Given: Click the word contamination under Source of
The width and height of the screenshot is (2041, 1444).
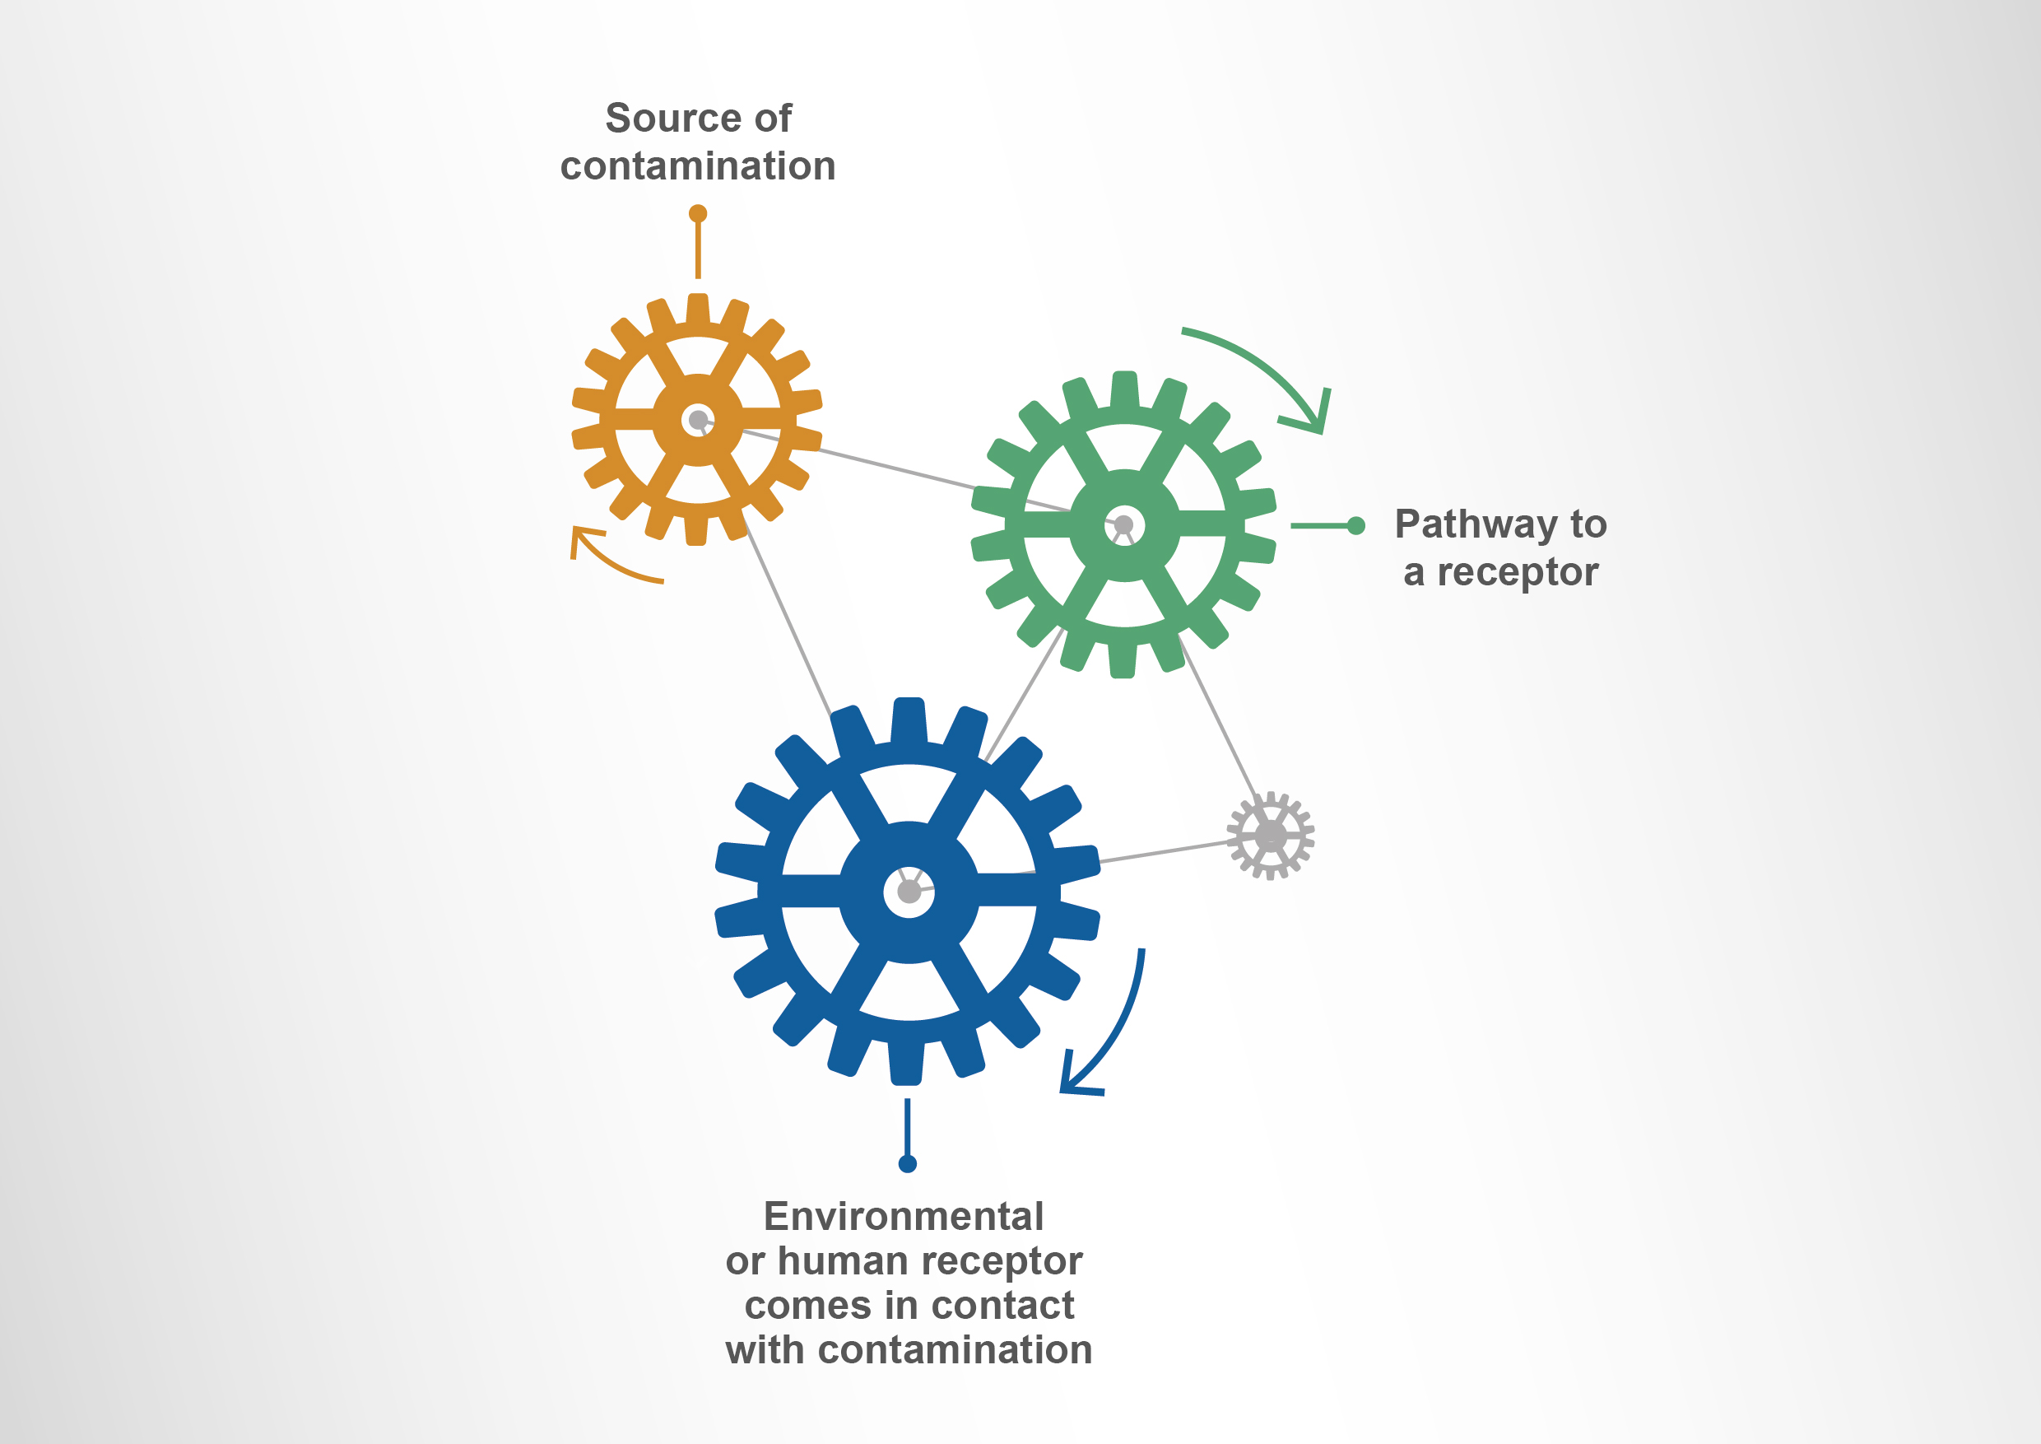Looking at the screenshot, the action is pos(698,166).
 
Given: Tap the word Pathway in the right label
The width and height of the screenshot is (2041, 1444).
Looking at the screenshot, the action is pos(1476,525).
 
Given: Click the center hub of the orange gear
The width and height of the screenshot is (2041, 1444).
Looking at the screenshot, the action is pos(699,420).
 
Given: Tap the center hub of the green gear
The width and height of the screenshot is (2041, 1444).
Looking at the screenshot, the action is pos(1123,524).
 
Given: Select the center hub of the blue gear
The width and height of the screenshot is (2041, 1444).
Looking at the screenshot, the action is pos(909,891).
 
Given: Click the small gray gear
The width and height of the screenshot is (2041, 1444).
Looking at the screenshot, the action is pos(1271,835).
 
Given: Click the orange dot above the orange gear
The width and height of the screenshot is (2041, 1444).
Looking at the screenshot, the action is pos(698,213).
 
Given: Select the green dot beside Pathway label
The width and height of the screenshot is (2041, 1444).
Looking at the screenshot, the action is pos(1355,525).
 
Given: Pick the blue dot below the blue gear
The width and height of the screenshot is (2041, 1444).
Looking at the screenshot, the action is pos(908,1164).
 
